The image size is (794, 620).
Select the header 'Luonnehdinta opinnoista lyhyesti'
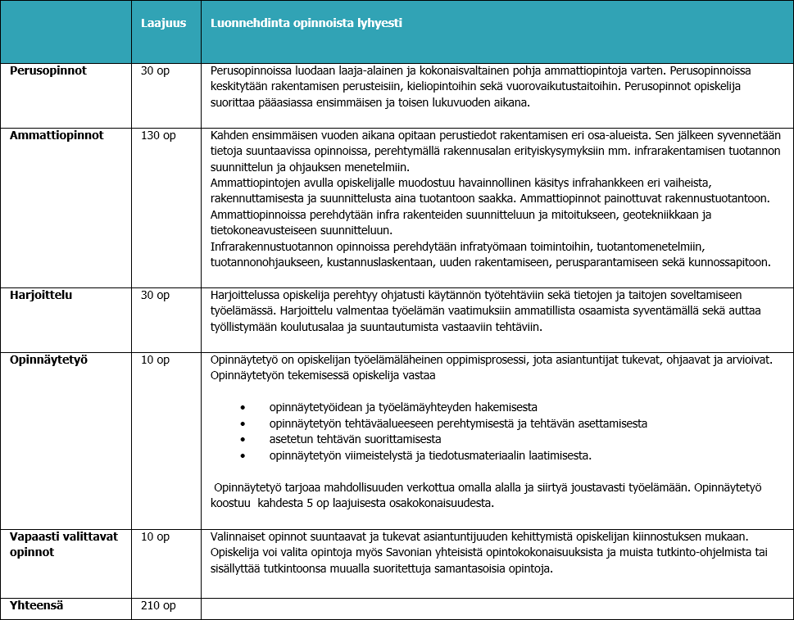pos(306,23)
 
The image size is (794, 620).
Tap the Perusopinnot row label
pos(48,70)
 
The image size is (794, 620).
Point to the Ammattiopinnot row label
pos(57,135)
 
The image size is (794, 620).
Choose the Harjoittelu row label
pos(41,295)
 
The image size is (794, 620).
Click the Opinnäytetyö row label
pos(48,360)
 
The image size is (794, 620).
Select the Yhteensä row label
pos(37,606)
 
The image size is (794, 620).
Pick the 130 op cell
pos(158,135)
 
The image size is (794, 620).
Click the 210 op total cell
pos(158,606)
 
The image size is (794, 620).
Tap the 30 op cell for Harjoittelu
pos(155,295)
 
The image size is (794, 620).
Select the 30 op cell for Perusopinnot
pos(155,70)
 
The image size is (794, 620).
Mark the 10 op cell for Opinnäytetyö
pos(155,360)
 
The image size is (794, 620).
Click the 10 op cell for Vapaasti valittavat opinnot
pos(155,536)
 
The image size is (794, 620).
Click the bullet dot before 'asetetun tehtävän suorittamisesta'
pos(243,440)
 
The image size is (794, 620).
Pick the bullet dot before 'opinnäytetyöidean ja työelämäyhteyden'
pos(243,407)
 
